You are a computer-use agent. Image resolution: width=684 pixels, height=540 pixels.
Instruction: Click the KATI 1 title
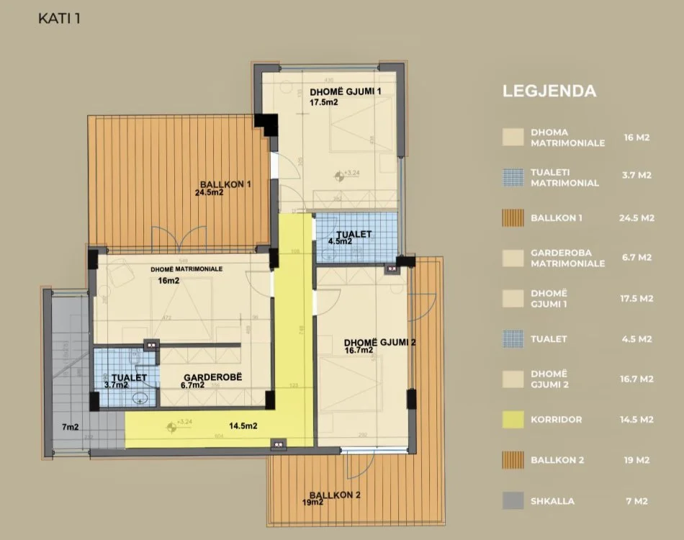click(x=59, y=18)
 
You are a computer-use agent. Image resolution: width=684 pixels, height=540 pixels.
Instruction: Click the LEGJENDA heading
click(x=549, y=91)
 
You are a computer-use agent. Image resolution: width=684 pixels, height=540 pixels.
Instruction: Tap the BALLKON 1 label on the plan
click(x=227, y=184)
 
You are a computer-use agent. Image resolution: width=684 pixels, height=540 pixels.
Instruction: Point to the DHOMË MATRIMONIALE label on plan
click(x=186, y=269)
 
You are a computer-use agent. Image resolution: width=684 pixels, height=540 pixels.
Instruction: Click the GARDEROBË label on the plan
click(x=207, y=377)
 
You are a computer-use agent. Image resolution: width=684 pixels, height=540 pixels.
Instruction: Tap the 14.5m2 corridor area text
click(x=243, y=426)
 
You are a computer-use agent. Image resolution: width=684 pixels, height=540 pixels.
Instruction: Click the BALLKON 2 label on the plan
click(x=334, y=495)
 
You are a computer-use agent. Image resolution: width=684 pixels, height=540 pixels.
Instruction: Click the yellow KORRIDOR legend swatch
click(x=513, y=419)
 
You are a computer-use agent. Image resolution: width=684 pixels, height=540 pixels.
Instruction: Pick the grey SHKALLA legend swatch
click(x=513, y=501)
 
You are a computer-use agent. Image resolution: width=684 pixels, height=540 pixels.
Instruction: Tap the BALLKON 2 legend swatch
click(x=513, y=460)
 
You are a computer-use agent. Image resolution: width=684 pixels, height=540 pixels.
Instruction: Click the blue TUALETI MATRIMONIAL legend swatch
click(x=513, y=178)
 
